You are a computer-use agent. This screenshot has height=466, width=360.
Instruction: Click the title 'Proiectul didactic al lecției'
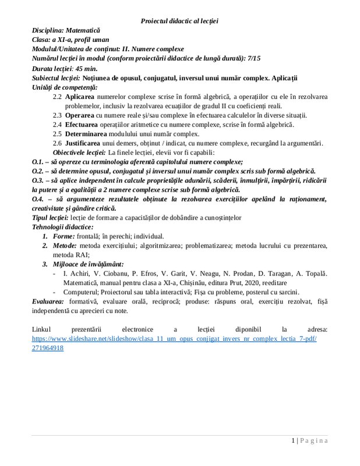[179, 21]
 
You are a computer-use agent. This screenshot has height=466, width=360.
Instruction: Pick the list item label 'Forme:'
[63, 236]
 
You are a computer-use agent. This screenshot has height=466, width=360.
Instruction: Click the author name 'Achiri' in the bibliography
[78, 274]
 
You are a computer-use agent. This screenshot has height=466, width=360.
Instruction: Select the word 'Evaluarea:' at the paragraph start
[48, 302]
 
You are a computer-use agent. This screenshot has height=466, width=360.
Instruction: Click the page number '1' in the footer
[294, 441]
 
